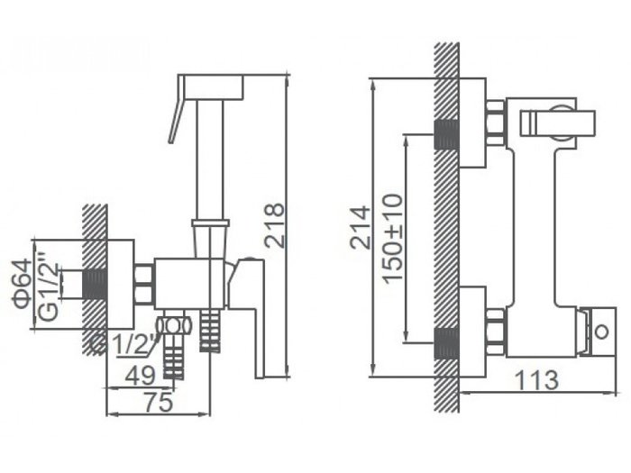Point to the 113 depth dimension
[x=539, y=379]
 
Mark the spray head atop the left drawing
[x=211, y=86]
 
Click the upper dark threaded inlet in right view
[x=447, y=134]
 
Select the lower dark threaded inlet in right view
[x=447, y=342]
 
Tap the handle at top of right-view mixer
[x=558, y=121]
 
